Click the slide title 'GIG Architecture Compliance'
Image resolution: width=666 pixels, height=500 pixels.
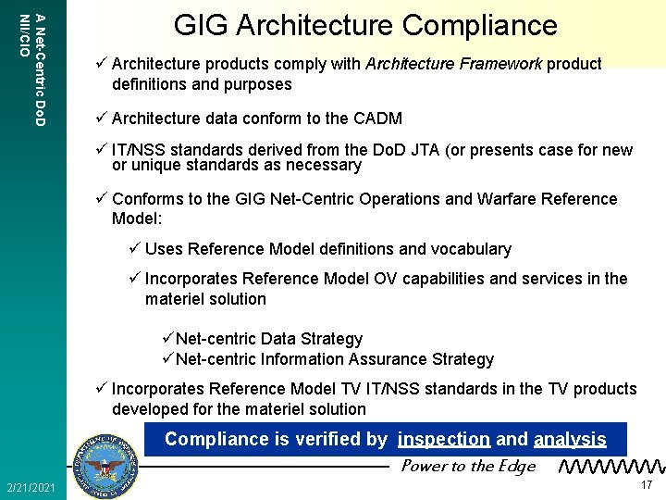365,25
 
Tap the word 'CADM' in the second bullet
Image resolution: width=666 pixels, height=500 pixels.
377,119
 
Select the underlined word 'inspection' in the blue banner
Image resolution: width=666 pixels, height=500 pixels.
444,439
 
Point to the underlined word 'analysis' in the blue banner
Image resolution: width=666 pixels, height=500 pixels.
570,439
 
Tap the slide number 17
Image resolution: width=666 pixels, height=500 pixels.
647,485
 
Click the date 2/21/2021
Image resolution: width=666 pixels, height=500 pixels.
31,487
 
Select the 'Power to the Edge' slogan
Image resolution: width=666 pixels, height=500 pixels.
467,466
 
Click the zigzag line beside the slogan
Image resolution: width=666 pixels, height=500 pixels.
611,467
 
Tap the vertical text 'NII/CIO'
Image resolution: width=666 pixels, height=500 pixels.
25,35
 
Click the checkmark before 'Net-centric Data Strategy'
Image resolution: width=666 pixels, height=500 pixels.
167,339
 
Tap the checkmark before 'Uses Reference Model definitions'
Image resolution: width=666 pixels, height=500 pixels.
134,249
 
